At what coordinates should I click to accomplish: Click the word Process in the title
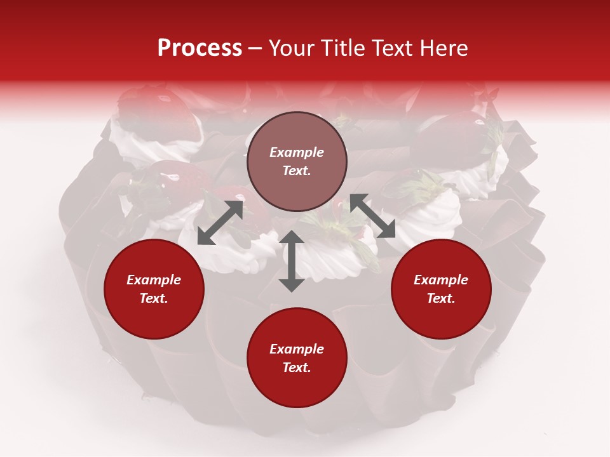click(200, 48)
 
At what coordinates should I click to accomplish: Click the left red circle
click(154, 289)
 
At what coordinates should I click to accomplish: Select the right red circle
click(441, 289)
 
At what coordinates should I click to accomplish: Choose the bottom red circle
click(297, 358)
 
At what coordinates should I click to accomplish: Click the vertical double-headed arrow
click(292, 261)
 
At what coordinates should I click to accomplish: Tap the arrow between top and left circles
click(220, 223)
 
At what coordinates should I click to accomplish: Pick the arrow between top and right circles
click(373, 216)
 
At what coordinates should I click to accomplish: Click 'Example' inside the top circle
click(297, 152)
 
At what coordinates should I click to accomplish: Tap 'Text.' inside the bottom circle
click(297, 368)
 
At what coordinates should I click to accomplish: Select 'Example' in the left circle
click(154, 280)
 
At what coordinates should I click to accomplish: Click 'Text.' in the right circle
click(441, 298)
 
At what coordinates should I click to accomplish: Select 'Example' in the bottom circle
click(297, 349)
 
